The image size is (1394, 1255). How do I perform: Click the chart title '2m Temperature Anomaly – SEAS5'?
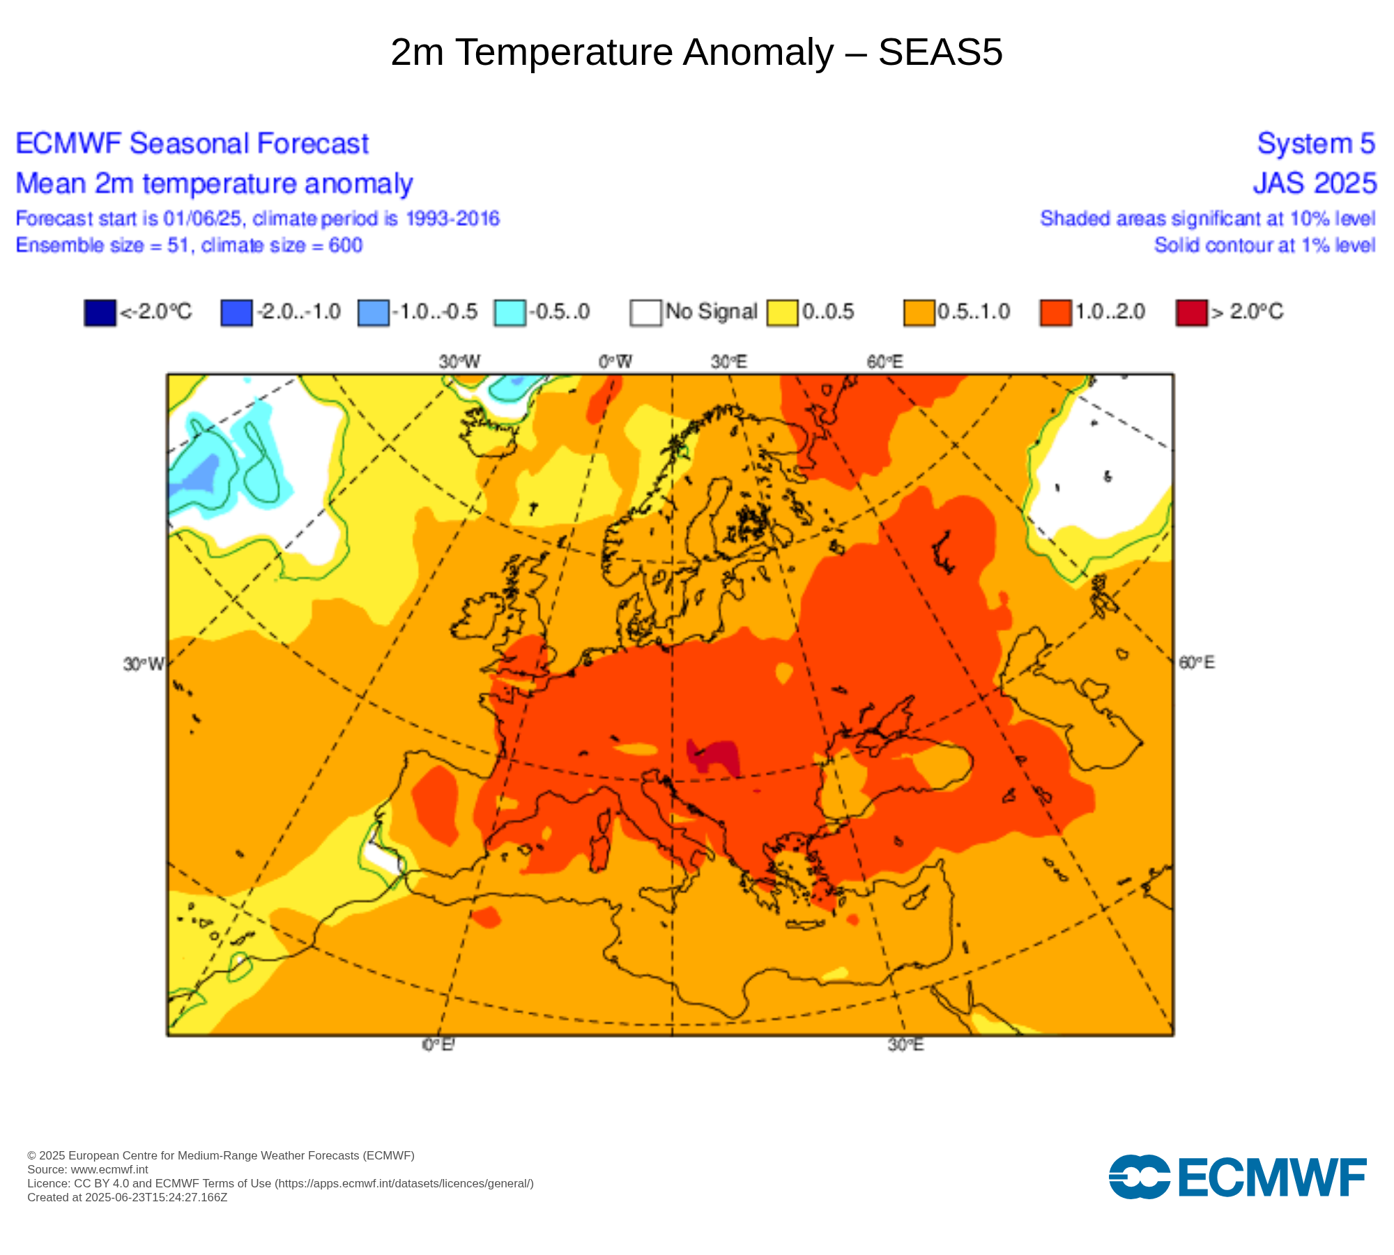tap(696, 52)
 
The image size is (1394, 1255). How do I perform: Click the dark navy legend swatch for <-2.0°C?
tap(100, 312)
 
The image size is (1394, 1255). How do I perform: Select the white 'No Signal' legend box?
tap(645, 312)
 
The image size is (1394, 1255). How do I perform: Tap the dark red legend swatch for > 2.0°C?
tap(1191, 312)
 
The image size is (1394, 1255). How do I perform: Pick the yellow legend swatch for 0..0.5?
tap(782, 312)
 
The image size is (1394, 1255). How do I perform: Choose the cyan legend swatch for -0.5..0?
tap(510, 312)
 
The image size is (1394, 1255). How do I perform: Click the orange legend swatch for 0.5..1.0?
tap(919, 312)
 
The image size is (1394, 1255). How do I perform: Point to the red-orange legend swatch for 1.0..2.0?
tap(1055, 312)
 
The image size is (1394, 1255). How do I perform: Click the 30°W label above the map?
tap(459, 362)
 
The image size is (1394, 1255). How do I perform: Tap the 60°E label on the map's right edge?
tap(1197, 662)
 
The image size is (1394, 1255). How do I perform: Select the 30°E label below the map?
tap(905, 1044)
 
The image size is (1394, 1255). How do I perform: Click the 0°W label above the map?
tap(615, 362)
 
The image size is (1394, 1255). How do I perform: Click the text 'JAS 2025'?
tap(1315, 183)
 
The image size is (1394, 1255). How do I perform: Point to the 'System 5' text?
tap(1316, 144)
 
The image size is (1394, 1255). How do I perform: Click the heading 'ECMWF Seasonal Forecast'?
tap(192, 144)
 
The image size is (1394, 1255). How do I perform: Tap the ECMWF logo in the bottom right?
tap(1237, 1178)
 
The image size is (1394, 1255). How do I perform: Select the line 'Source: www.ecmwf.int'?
tap(88, 1169)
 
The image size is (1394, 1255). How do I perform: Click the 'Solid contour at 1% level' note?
tap(1264, 245)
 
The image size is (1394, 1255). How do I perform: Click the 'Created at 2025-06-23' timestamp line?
tap(127, 1197)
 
